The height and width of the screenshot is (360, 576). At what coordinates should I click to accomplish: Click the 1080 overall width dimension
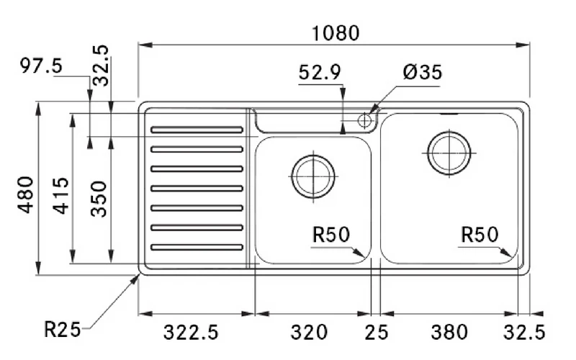tap(336, 33)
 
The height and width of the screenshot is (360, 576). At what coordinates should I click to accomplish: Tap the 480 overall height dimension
tap(26, 194)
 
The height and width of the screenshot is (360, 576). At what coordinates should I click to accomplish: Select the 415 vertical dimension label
tap(60, 195)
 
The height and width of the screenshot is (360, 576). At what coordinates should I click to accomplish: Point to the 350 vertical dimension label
tap(99, 199)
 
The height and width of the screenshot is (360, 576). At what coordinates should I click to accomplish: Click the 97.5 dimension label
tap(41, 66)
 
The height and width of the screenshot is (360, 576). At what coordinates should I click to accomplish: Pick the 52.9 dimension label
tap(320, 73)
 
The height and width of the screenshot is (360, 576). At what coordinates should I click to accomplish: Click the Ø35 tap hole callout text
tap(423, 72)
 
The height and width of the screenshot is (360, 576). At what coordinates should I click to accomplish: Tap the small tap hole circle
tap(364, 120)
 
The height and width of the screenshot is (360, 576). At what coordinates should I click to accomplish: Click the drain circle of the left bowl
tap(313, 176)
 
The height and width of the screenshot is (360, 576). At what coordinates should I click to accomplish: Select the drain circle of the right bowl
tap(449, 153)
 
